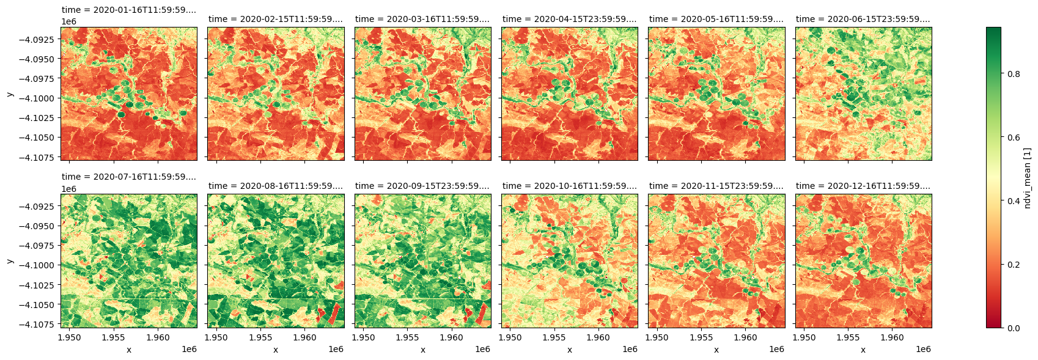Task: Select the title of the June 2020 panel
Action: tap(863, 19)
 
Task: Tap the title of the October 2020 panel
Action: tap(569, 186)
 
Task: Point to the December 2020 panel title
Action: tap(863, 186)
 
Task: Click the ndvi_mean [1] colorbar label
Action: tap(1028, 177)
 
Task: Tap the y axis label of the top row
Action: tap(9, 94)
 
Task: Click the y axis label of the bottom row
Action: tap(9, 261)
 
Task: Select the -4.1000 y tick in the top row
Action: tap(39, 98)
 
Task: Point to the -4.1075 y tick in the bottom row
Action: tap(39, 324)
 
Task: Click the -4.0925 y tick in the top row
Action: tap(39, 39)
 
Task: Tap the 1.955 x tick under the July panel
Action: tap(114, 337)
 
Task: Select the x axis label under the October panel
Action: tap(569, 350)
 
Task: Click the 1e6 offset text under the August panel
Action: tap(336, 349)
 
